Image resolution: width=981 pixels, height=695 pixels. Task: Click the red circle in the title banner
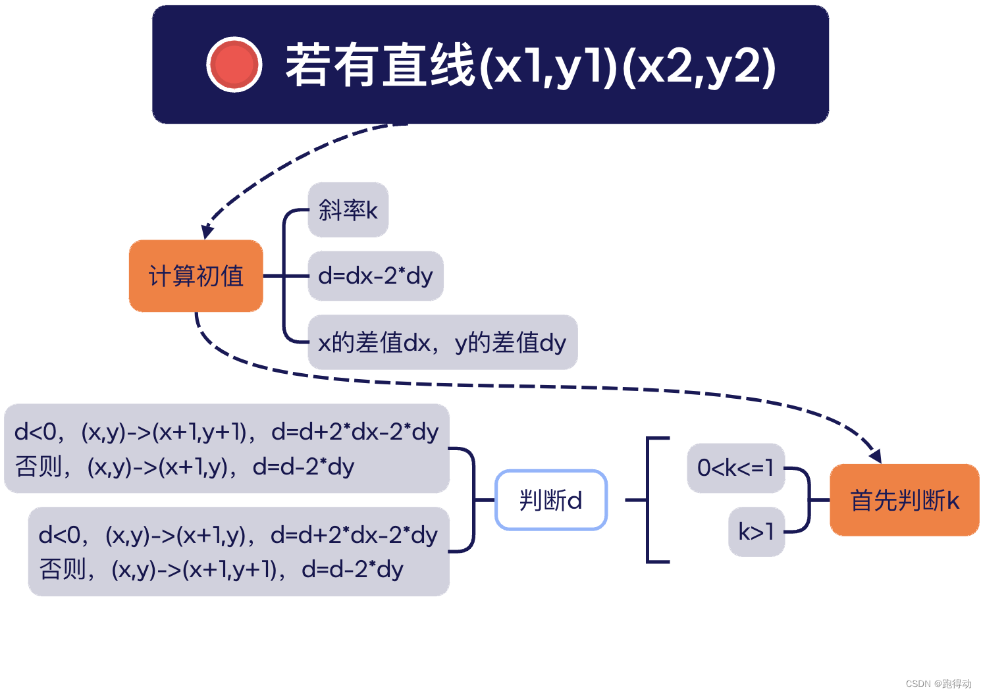234,64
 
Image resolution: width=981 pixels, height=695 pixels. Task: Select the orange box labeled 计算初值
196,276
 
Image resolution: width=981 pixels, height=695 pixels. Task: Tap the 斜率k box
348,210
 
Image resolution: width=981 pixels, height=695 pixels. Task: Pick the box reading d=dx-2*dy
375,276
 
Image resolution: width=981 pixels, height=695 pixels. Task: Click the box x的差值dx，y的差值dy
442,342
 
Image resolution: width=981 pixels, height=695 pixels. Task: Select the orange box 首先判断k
905,500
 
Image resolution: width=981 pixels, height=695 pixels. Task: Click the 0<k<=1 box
735,468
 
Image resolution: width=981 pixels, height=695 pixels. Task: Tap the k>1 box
756,532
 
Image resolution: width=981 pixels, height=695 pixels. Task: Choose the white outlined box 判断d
550,500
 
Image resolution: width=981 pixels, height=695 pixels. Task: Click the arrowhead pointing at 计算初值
207,231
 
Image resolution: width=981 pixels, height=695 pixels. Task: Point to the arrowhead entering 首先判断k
875,455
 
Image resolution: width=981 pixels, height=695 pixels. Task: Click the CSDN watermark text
938,684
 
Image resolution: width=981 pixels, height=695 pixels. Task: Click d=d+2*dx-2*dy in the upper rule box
355,432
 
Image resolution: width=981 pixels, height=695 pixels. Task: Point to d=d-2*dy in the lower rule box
352,569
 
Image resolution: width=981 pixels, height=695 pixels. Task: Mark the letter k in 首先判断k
953,500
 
